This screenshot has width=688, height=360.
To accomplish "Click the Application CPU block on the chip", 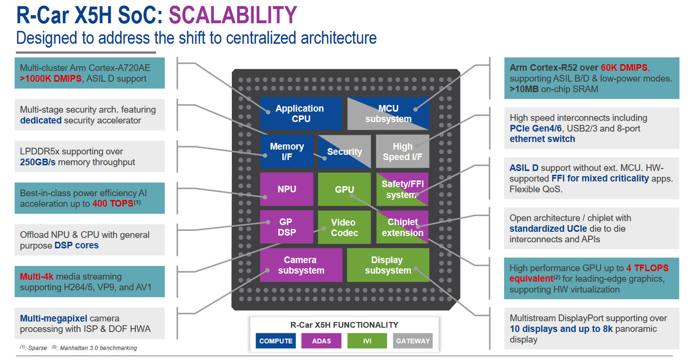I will (x=300, y=114).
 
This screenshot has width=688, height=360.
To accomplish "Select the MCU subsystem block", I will (x=388, y=114).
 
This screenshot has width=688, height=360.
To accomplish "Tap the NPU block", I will (x=287, y=189).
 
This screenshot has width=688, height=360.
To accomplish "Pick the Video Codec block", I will (x=344, y=227).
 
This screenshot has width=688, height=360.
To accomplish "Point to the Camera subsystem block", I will (x=301, y=265).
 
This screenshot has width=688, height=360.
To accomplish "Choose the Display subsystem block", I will (x=388, y=265).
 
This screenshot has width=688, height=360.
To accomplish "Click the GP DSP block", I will (x=287, y=227).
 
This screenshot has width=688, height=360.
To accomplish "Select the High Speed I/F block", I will (x=402, y=152).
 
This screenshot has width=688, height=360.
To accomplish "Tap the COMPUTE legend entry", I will (x=276, y=341).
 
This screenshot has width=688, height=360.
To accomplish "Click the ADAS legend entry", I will (x=321, y=341).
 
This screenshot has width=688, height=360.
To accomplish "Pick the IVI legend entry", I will (x=367, y=341).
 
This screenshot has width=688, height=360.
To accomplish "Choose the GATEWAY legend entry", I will (x=412, y=341).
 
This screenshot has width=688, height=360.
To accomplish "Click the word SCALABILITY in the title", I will (x=233, y=16).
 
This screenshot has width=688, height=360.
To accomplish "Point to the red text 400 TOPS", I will (x=113, y=204).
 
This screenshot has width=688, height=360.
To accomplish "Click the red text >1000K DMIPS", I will (x=50, y=79).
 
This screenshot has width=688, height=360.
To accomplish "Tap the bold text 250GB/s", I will (x=41, y=162).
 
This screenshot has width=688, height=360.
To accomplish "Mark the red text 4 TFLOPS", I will (x=648, y=268).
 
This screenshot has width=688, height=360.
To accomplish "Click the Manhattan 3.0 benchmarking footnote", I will (x=98, y=348).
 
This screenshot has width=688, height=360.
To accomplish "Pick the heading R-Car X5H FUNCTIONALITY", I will (x=344, y=325).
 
